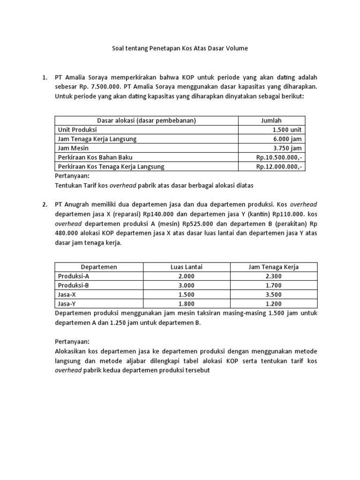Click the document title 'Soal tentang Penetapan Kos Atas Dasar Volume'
click(180, 48)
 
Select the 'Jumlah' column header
click(271, 120)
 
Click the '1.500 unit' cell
click(287, 130)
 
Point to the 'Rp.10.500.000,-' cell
click(279, 157)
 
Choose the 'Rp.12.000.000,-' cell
click(279, 166)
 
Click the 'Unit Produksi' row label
click(77, 130)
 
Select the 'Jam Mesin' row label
click(73, 148)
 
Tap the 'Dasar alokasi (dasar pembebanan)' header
click(146, 120)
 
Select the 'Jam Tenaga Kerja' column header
click(273, 267)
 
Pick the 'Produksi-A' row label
click(74, 276)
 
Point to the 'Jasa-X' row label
click(68, 294)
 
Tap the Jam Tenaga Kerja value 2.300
click(273, 276)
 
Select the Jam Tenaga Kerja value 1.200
click(273, 304)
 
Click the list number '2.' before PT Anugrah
click(45, 205)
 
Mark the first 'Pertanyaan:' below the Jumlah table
click(72, 176)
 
